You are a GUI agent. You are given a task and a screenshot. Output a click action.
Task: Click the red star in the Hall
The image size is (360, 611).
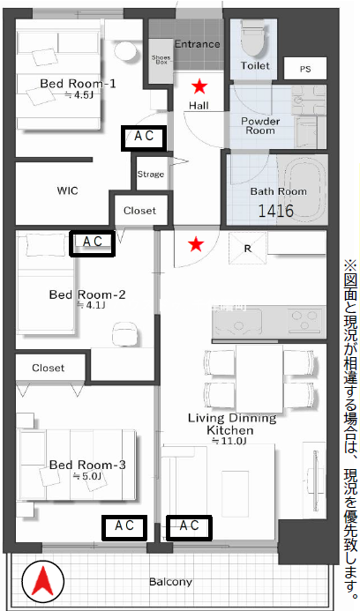pyautogui.click(x=199, y=86)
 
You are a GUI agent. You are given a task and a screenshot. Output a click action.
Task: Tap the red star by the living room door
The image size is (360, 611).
pyautogui.click(x=196, y=244)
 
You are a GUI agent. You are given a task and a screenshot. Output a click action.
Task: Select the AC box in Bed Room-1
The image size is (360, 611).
pyautogui.click(x=144, y=138)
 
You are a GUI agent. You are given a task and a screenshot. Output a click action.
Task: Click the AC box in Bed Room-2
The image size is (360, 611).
pyautogui.click(x=92, y=243)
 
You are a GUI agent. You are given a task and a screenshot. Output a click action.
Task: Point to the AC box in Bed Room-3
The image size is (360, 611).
pyautogui.click(x=124, y=527)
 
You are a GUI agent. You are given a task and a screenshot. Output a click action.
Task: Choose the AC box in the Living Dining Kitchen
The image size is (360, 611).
pyautogui.click(x=189, y=527)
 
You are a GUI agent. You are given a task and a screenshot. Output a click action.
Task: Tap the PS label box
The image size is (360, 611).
pyautogui.click(x=305, y=69)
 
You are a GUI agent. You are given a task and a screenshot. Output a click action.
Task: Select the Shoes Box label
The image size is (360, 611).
pyautogui.click(x=161, y=60)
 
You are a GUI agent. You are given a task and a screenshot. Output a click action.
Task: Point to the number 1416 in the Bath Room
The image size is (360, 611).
pyautogui.click(x=276, y=211)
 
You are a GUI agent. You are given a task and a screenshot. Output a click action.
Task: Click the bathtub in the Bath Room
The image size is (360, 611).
pyautogui.click(x=304, y=190)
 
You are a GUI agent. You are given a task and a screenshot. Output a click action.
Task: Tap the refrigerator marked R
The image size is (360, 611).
pyautogui.click(x=248, y=249)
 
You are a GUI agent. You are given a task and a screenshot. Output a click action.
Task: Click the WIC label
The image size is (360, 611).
pyautogui.click(x=67, y=190)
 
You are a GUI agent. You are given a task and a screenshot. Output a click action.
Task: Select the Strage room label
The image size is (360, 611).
pyautogui.click(x=151, y=175)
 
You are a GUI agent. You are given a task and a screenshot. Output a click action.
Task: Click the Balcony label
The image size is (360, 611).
pyautogui.click(x=171, y=582)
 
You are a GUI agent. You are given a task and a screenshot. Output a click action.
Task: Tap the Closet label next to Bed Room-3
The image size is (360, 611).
pyautogui.click(x=49, y=368)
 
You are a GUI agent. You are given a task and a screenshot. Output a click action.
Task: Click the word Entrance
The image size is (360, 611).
pyautogui.click(x=198, y=44)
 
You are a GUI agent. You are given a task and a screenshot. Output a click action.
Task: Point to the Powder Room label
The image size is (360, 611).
pyautogui.click(x=260, y=125)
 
